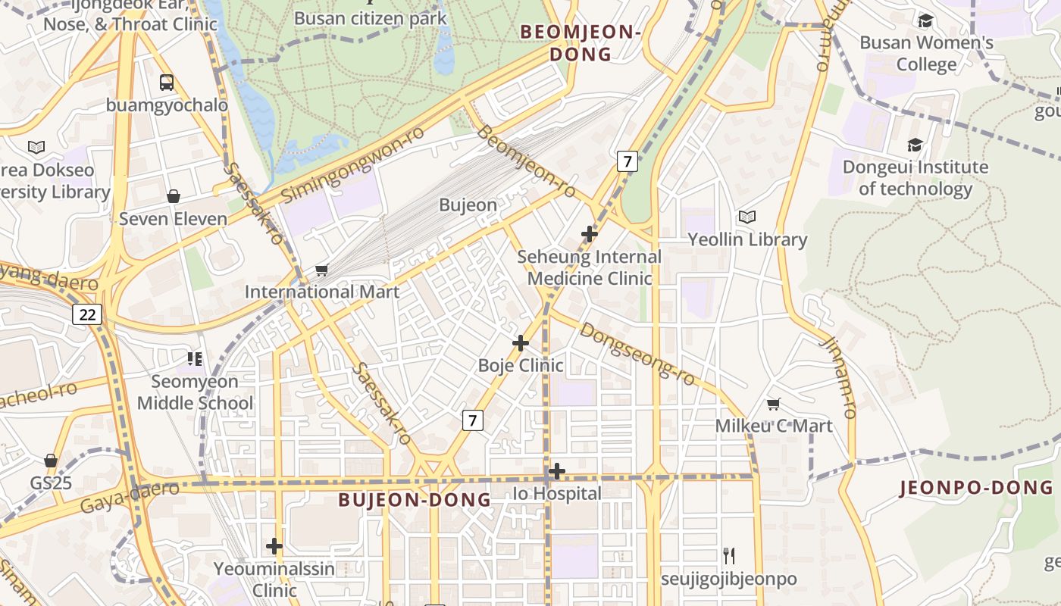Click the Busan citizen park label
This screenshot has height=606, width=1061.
(370, 18)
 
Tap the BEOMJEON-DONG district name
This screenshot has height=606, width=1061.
(581, 43)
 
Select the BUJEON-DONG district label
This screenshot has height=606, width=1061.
(415, 500)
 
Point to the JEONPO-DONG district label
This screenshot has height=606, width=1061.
(976, 488)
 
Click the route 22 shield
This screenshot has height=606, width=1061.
(87, 314)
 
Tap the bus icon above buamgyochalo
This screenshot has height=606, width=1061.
(167, 83)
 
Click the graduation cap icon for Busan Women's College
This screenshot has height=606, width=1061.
(925, 20)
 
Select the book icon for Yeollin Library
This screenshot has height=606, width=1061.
(747, 217)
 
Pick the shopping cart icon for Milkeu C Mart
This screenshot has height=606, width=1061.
(773, 404)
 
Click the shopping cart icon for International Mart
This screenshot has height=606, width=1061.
(321, 270)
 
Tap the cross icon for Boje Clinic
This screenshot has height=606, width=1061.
(521, 343)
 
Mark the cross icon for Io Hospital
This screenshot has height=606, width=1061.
(557, 471)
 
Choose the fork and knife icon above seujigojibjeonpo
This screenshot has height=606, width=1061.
(728, 556)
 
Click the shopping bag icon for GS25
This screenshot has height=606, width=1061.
(50, 461)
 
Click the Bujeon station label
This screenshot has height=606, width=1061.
(468, 205)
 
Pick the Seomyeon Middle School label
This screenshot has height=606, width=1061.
(195, 392)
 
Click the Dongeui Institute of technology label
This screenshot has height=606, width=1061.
(915, 177)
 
